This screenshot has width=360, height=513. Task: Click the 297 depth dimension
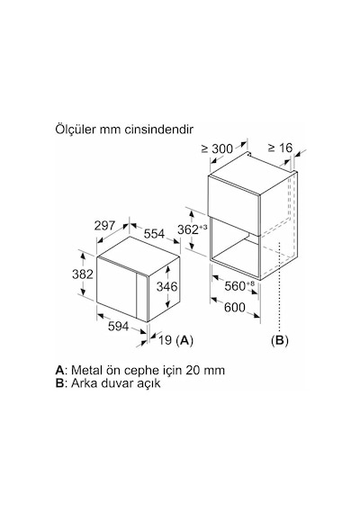(104, 226)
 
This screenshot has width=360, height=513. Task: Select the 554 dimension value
(154, 234)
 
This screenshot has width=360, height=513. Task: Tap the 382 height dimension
(83, 274)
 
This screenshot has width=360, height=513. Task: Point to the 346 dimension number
(166, 286)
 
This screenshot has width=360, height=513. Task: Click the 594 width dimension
(119, 326)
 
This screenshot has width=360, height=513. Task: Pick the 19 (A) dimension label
(175, 340)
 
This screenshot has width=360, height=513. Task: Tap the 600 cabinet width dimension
(235, 307)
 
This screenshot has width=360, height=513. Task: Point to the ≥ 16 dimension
(280, 148)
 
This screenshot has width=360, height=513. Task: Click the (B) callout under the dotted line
(280, 340)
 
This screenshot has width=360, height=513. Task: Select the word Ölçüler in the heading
(76, 130)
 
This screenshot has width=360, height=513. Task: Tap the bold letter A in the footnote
(60, 370)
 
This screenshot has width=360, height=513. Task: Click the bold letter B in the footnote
(59, 382)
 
